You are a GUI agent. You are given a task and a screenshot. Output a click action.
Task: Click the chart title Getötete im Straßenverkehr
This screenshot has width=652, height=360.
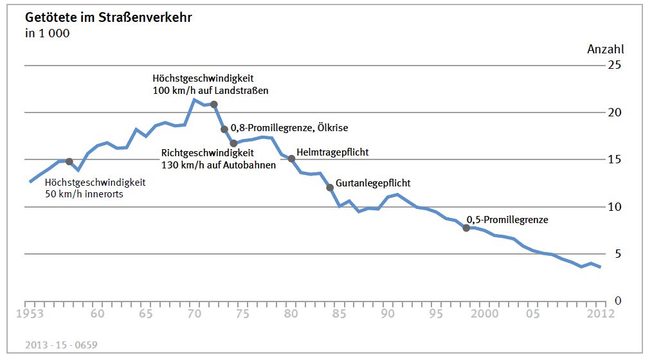pos(108,18)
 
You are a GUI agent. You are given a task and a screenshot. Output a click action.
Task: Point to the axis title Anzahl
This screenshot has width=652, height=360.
pos(605,49)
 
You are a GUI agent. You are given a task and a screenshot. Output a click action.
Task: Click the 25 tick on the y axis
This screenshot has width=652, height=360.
pos(615,65)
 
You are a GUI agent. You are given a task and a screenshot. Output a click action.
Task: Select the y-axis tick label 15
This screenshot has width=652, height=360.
pos(615,159)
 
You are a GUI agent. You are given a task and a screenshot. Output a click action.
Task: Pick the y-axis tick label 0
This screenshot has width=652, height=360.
pos(618,301)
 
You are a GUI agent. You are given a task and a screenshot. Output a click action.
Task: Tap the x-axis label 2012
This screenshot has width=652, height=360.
pos(600,314)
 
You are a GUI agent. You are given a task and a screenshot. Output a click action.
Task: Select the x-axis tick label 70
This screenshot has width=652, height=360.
pos(194,314)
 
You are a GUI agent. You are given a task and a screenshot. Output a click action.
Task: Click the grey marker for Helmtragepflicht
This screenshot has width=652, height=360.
pos(291,159)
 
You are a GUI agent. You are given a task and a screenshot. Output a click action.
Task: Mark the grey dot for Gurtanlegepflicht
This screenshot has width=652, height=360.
pos(330,188)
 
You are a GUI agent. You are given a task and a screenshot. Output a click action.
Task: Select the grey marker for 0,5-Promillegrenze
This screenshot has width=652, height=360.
pos(466,228)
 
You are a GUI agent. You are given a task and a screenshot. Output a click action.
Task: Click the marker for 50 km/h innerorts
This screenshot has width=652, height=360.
pos(69,161)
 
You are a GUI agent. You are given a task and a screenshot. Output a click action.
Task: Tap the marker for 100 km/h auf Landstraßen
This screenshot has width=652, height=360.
pos(214,104)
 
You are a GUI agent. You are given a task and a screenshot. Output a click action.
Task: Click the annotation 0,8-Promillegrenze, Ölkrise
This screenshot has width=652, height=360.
pos(289,128)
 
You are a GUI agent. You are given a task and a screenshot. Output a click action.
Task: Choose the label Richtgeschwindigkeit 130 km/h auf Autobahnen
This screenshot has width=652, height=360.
pos(219,159)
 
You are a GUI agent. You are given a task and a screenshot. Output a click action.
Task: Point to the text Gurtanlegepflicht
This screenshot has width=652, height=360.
pos(373,183)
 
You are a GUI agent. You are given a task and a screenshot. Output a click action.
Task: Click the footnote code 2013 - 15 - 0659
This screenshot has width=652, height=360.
pos(62,345)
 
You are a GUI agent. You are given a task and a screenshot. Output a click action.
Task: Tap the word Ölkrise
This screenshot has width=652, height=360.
pos(331,128)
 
